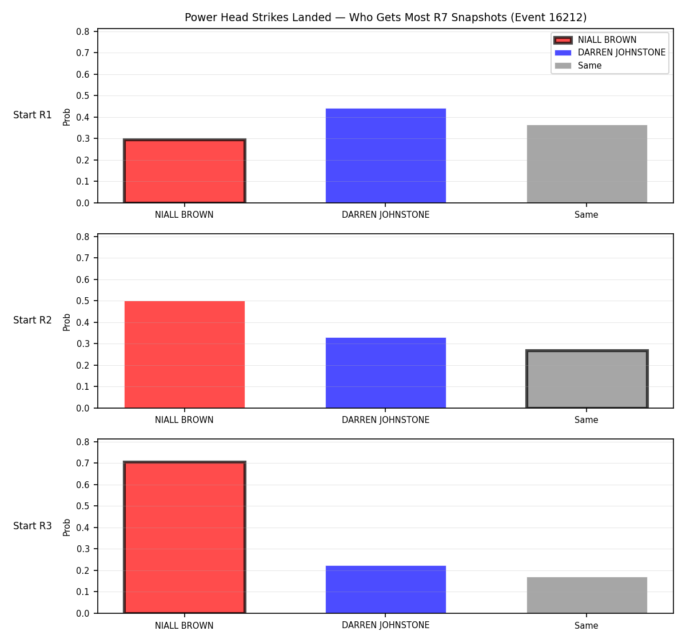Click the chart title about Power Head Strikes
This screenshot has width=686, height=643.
point(385,17)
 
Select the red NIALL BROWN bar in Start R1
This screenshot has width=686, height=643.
point(185,171)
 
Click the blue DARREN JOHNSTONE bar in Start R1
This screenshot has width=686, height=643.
point(385,155)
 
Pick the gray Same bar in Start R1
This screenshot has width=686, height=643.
point(587,164)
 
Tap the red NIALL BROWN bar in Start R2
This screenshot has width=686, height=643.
point(185,354)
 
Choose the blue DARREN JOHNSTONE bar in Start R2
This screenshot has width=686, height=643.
point(385,373)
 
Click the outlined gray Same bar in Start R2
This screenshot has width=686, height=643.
point(587,379)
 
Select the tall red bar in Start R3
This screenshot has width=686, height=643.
point(185,537)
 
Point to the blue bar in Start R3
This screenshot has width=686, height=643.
point(385,589)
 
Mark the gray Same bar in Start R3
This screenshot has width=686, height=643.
point(587,595)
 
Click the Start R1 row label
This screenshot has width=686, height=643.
point(33,115)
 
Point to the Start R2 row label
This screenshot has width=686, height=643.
point(33,320)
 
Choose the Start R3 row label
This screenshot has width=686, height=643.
point(33,525)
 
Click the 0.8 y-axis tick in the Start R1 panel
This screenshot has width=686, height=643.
point(82,32)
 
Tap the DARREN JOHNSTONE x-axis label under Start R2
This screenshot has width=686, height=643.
point(385,420)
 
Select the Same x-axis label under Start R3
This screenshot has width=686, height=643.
point(586,625)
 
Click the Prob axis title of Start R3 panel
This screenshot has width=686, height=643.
point(66,527)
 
